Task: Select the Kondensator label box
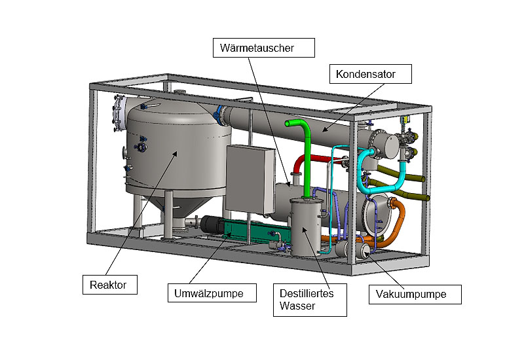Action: [371, 73]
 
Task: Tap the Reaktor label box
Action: [109, 285]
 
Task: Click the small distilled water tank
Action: [305, 226]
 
